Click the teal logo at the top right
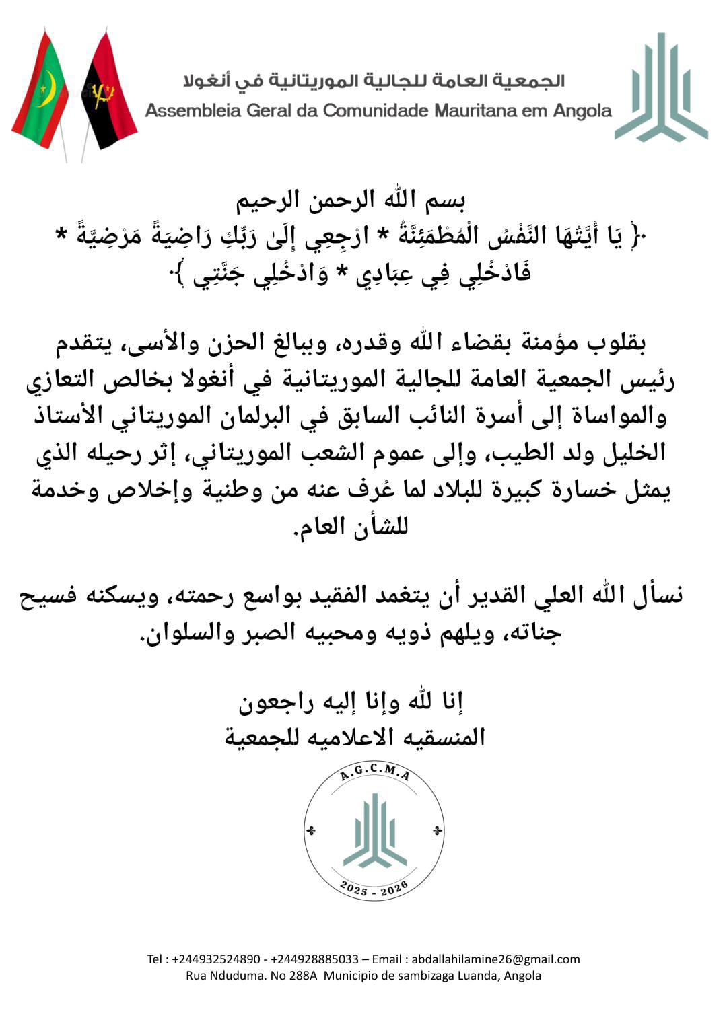(661, 87)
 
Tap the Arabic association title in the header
(374, 81)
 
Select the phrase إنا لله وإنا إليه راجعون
(351, 702)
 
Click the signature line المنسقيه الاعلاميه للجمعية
(355, 737)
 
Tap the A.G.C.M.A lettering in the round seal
(375, 776)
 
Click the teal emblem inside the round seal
(374, 831)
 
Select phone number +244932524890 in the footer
(216, 959)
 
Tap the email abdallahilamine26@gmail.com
(495, 959)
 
